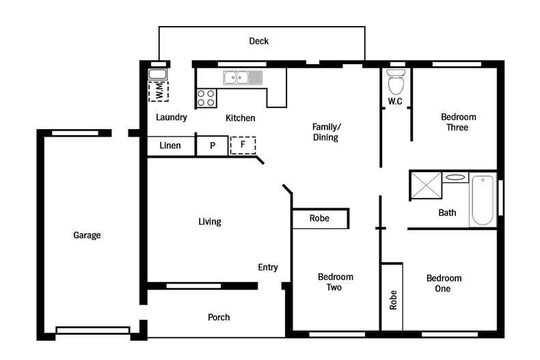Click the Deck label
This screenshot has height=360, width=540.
tap(258, 41)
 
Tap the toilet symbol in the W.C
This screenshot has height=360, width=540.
tap(395, 83)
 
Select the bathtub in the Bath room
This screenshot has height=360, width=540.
tap(482, 200)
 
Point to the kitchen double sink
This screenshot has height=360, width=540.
tap(242, 78)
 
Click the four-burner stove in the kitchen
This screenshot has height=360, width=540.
tap(206, 98)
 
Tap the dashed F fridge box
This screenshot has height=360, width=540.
tap(242, 146)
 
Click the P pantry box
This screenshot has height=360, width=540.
tap(213, 146)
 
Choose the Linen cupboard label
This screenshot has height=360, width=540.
tap(170, 146)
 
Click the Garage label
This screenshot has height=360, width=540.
tap(87, 236)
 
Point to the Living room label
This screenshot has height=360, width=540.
tap(209, 222)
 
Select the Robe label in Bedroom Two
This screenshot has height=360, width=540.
tap(319, 219)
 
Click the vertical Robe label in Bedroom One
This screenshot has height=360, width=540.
tap(393, 301)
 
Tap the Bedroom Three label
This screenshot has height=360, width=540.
tap(458, 122)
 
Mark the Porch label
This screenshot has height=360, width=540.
tap(219, 318)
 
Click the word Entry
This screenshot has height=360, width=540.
tap(268, 268)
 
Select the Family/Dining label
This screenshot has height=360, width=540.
tap(325, 132)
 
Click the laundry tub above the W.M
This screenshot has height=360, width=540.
tap(158, 74)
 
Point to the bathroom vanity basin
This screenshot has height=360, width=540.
tap(455, 178)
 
